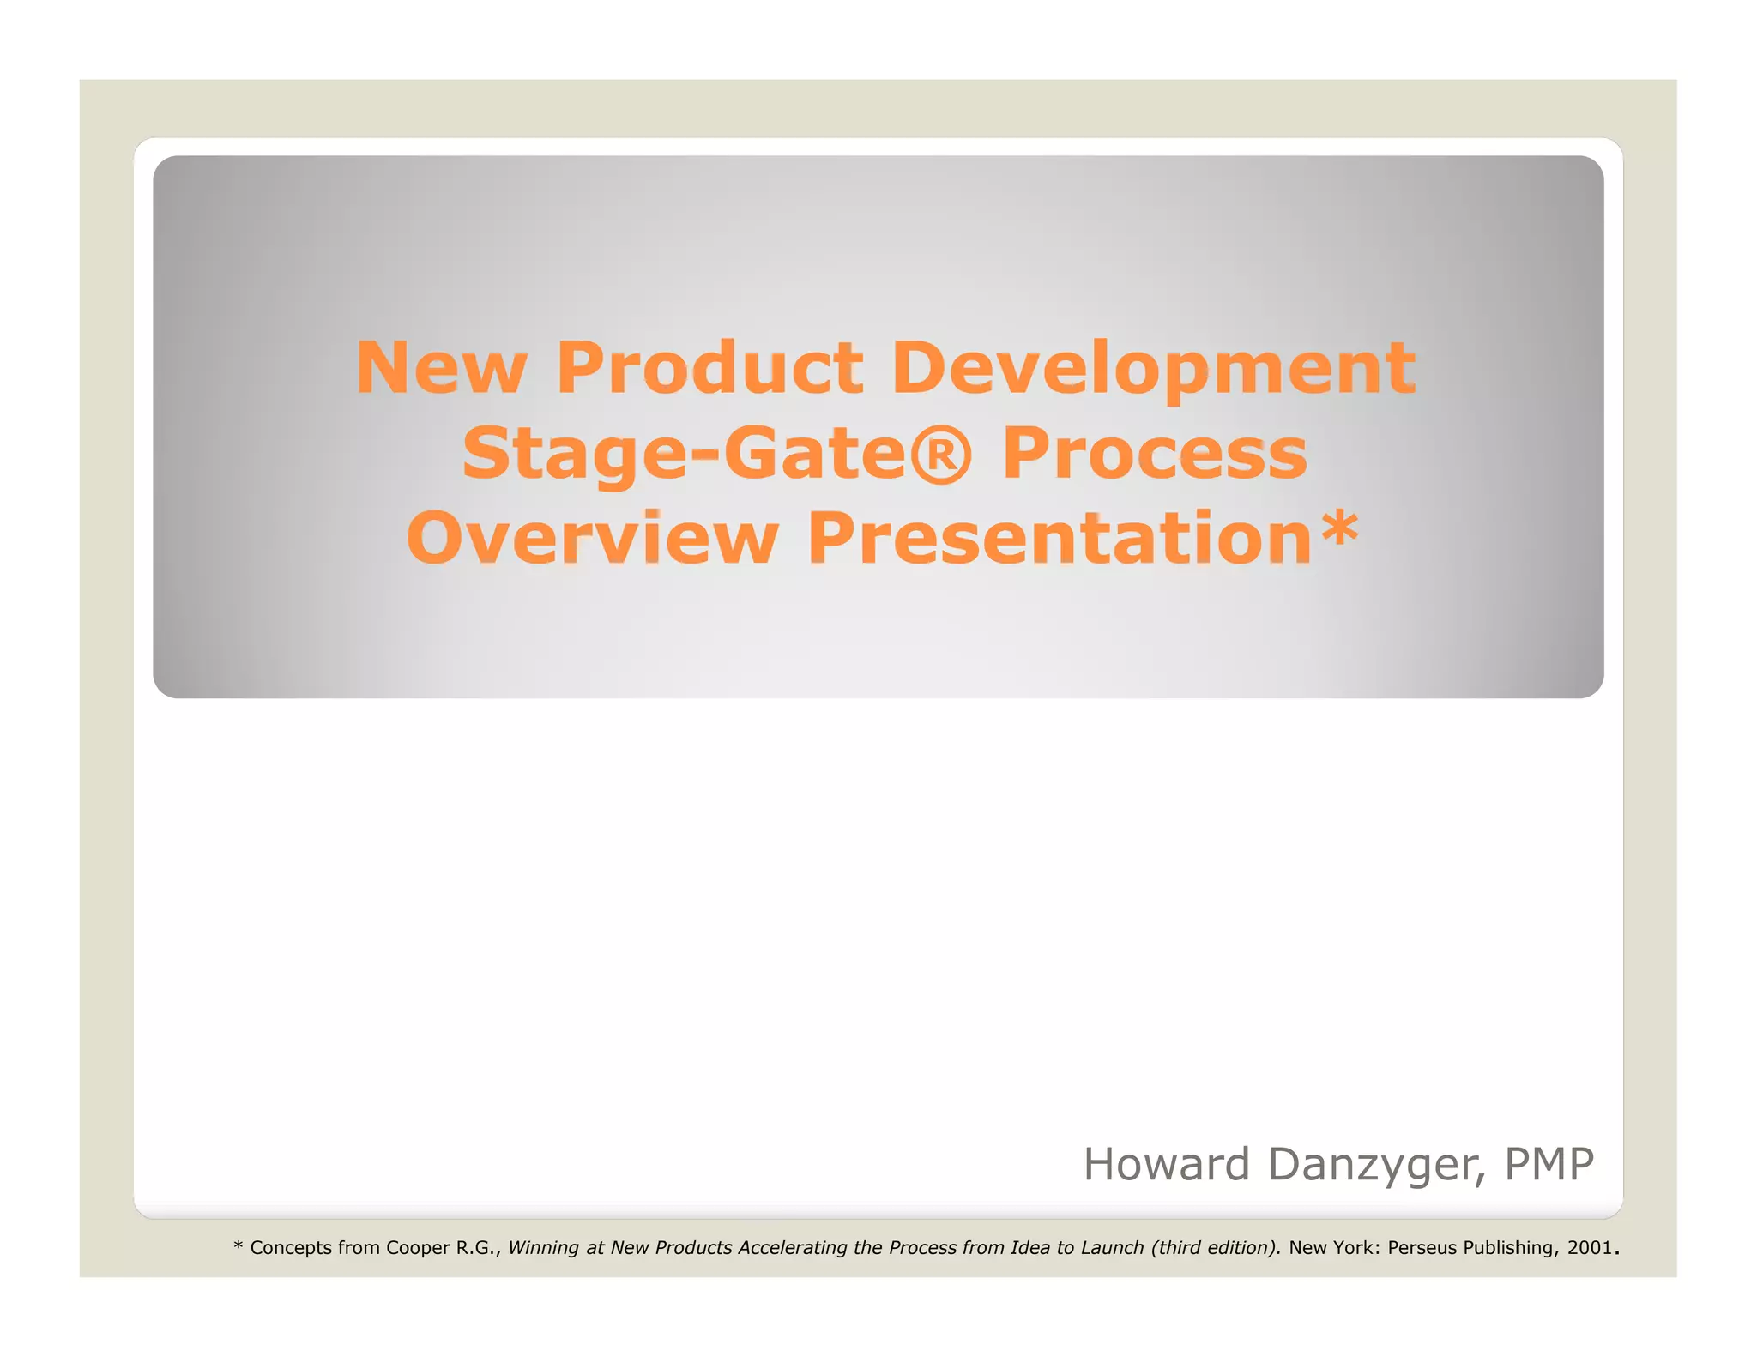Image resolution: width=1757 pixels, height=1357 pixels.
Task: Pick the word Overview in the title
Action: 592,539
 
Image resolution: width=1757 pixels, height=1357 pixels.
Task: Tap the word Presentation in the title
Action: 1060,539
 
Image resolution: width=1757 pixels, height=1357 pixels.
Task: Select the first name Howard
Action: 1166,1164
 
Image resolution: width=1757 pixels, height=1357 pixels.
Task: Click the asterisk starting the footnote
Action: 238,1246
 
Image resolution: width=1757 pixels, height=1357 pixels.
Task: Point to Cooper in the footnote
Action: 418,1247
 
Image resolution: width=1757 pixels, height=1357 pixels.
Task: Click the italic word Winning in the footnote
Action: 543,1247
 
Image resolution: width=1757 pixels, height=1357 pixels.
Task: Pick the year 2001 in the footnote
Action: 1589,1247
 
